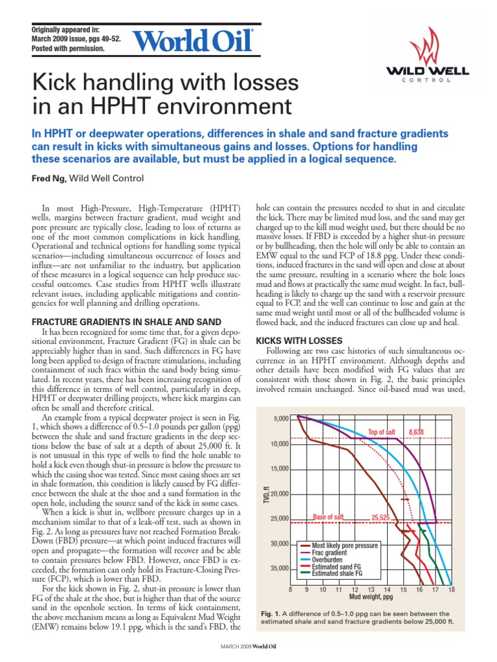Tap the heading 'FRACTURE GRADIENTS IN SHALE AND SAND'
point(127,322)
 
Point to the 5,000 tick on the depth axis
point(280,419)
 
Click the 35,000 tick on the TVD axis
point(279,568)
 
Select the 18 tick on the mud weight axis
point(451,590)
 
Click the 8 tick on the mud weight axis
point(291,590)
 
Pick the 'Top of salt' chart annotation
point(381,432)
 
